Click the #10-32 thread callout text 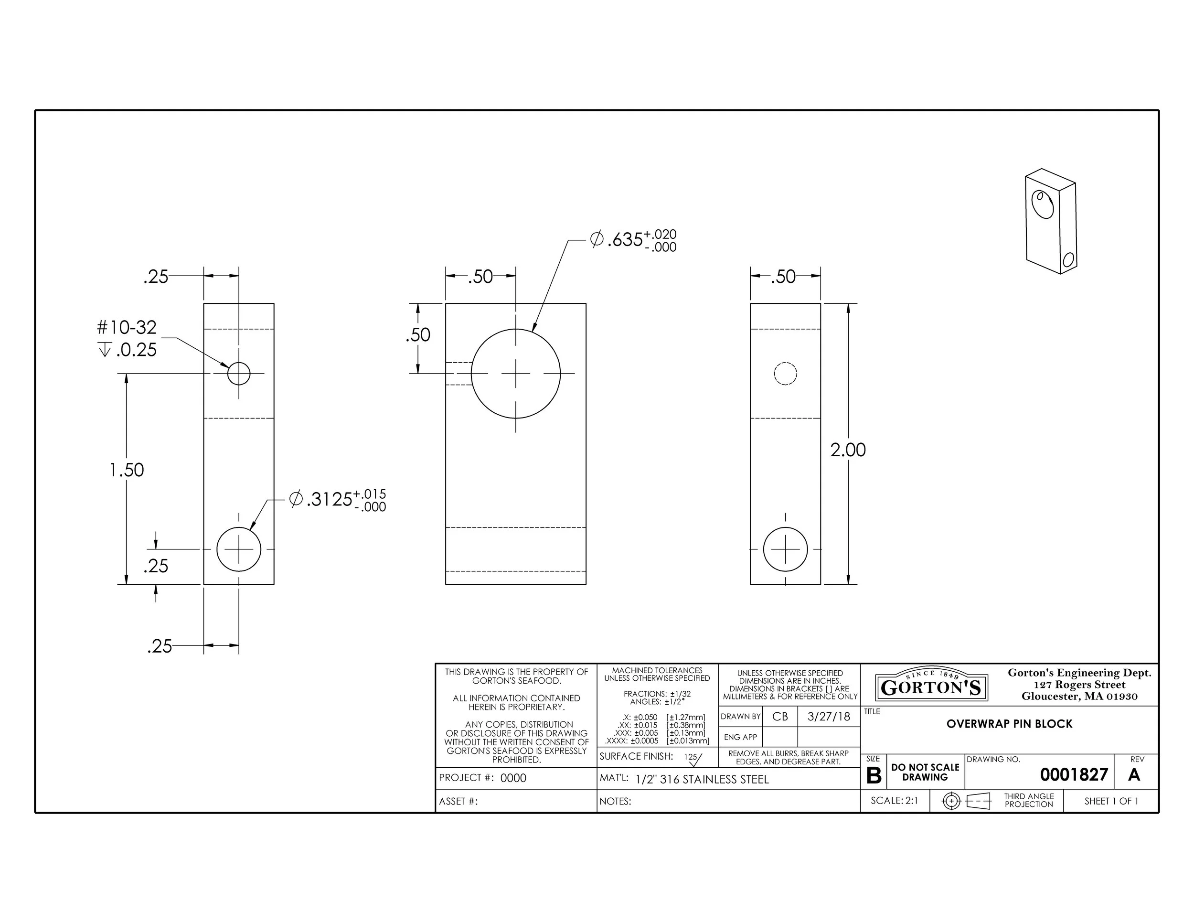pos(127,328)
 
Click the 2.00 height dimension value pos(847,450)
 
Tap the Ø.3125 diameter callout pos(337,499)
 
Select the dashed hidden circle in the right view pos(785,374)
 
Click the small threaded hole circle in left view pos(239,374)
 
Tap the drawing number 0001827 pos(1074,774)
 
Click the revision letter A pos(1134,774)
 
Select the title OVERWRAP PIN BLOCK pos(1009,724)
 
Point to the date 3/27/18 pos(828,716)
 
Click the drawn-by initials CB pos(780,716)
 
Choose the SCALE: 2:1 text pos(895,801)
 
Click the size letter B pos(874,775)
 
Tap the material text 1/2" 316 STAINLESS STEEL pos(702,779)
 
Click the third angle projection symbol pos(967,801)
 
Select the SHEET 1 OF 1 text pos(1111,801)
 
